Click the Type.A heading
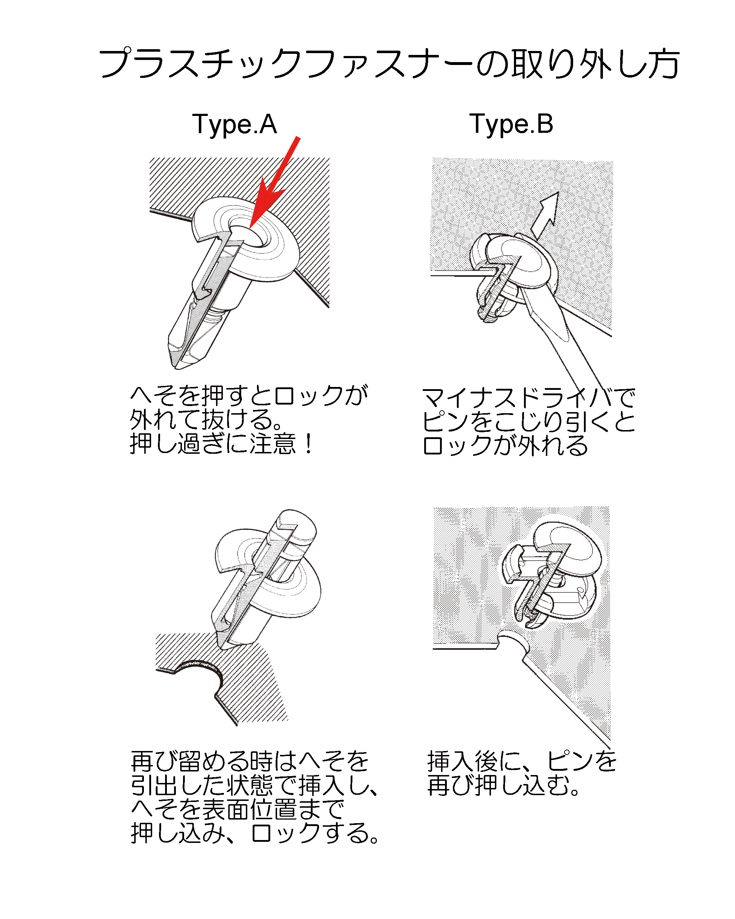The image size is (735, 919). pos(235,124)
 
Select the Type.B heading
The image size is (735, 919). pos(511,124)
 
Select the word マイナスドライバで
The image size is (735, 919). pos(529,398)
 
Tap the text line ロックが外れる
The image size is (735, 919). pos(505,445)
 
